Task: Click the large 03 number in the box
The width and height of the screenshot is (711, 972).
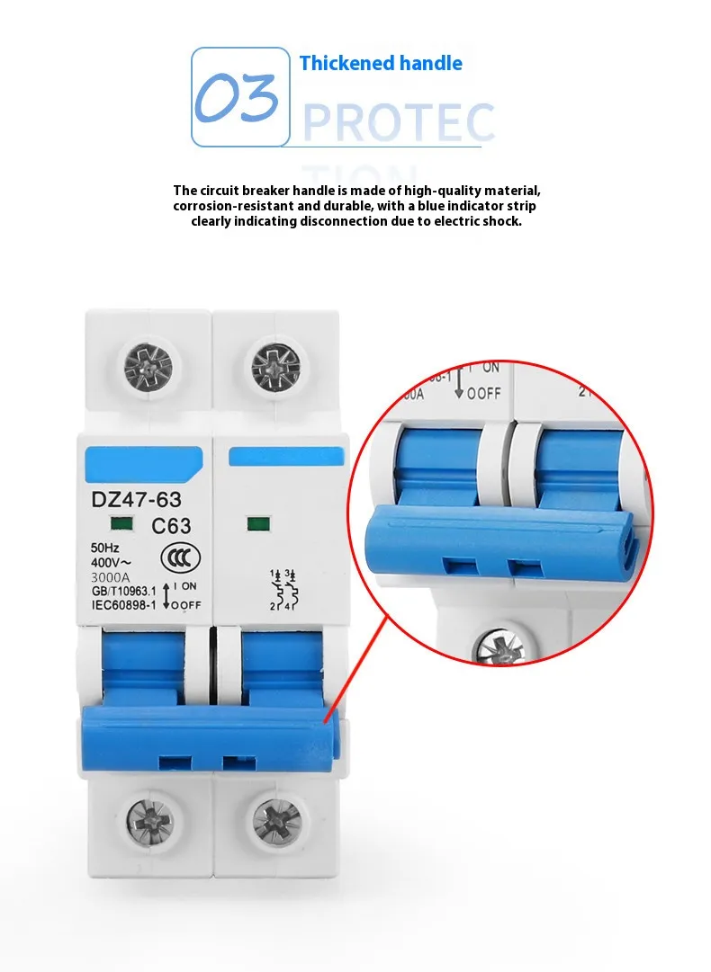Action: (x=238, y=99)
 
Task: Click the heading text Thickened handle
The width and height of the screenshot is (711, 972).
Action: (x=381, y=63)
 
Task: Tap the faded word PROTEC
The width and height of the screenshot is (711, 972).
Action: (x=399, y=123)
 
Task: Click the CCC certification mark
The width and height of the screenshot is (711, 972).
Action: (x=174, y=557)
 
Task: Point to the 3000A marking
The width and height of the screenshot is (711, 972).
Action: (x=111, y=576)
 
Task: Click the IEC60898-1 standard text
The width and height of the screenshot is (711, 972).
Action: (x=124, y=604)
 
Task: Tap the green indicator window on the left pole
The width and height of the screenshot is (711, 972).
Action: (x=118, y=523)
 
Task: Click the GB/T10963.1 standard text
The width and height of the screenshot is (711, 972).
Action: (x=124, y=591)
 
